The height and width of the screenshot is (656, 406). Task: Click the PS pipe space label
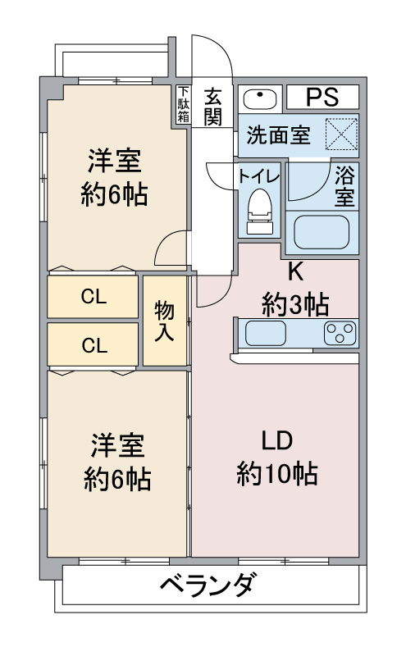tap(322, 97)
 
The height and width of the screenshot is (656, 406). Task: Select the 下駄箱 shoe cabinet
tap(183, 104)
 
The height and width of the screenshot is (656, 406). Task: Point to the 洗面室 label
tap(278, 134)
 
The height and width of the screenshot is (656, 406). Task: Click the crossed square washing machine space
tap(341, 134)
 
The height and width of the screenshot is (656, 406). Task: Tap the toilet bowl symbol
tap(260, 212)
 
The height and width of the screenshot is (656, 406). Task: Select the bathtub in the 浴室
tap(321, 233)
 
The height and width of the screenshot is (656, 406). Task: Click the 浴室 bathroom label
tap(344, 186)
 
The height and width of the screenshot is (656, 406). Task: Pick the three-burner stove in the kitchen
tap(340, 334)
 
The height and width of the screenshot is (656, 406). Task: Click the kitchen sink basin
tap(266, 334)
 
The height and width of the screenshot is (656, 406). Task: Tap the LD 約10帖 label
tap(276, 458)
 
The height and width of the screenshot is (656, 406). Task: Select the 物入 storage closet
tap(165, 321)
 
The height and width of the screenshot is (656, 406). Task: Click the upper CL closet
tap(93, 297)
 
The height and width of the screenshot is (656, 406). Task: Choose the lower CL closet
tap(93, 344)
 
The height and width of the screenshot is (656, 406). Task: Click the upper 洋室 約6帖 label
tap(114, 177)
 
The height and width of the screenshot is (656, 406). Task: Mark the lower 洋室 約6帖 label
tap(117, 462)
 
